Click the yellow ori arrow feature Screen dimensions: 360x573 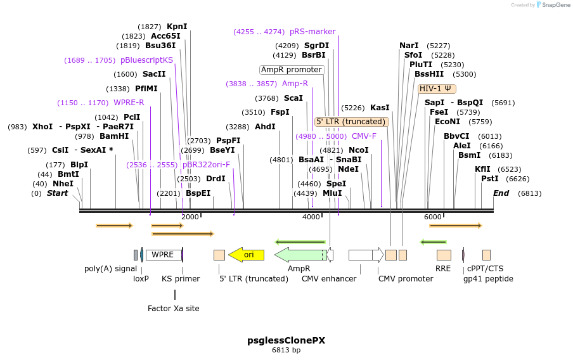246,255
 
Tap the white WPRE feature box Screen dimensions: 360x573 164,255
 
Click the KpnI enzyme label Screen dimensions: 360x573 177,27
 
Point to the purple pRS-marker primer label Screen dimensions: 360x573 312,32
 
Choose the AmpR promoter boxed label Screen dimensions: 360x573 292,70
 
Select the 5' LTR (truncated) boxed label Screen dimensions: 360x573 351,122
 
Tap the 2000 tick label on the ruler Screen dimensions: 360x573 190,217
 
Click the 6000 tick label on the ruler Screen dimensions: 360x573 432,217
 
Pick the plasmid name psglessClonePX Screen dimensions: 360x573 286,340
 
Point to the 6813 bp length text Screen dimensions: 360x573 286,350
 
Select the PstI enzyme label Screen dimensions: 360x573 489,179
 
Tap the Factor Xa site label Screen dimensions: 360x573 173,309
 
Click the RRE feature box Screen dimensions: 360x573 444,255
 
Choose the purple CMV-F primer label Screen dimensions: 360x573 364,136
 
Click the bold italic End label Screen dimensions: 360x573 501,193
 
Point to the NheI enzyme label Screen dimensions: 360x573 63,184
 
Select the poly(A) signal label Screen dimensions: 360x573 110,269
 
